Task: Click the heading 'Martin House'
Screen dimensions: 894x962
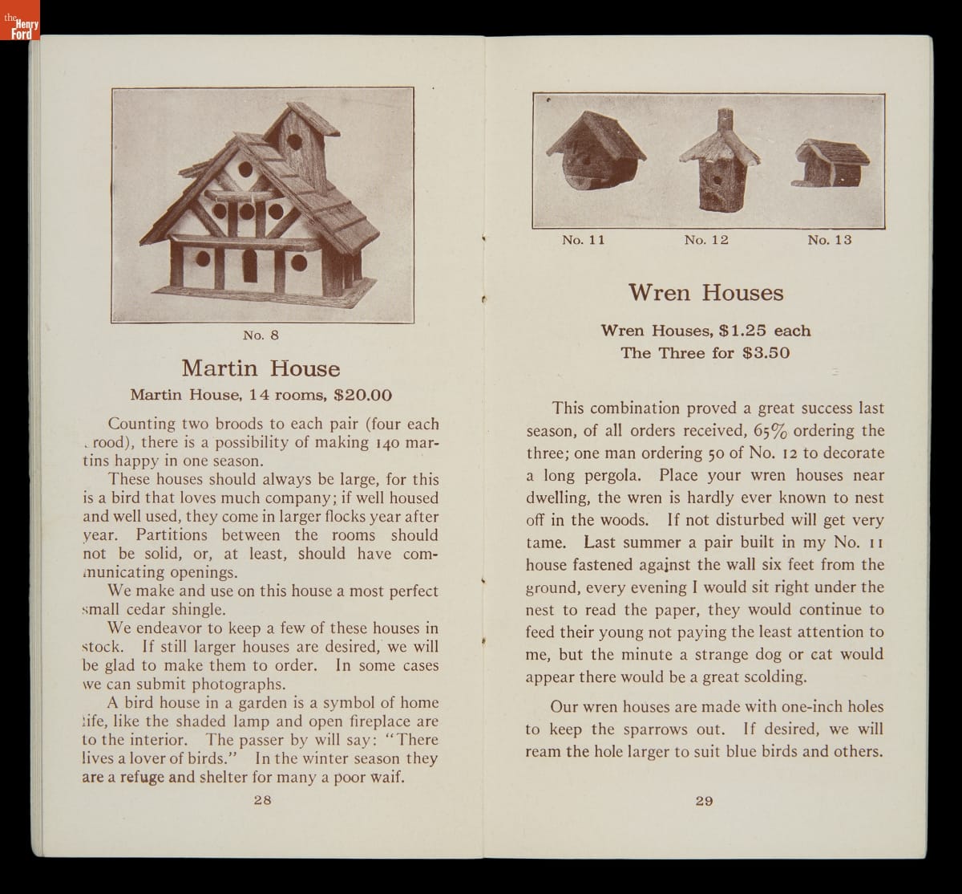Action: tap(261, 368)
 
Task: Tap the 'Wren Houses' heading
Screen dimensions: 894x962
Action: tap(705, 292)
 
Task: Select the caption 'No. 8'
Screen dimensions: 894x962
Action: tap(261, 334)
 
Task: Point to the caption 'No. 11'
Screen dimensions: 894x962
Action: tap(583, 240)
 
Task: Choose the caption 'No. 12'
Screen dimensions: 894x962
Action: tap(706, 240)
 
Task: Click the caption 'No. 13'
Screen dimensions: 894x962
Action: tap(829, 240)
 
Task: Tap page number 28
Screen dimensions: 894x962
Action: tap(262, 799)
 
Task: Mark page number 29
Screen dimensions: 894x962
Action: tap(704, 800)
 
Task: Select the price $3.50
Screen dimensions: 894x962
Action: tap(766, 353)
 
